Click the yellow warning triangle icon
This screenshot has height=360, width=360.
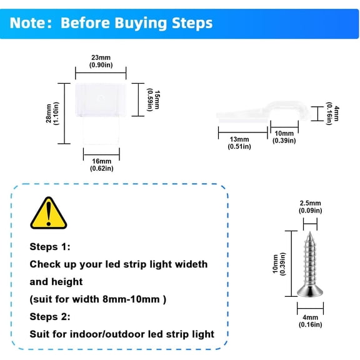pos(49,214)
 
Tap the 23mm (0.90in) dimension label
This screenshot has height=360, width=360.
pos(101,61)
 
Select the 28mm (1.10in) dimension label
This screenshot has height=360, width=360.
pos(52,113)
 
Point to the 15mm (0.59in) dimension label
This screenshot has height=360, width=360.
pos(153,101)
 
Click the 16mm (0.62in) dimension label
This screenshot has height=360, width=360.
pos(101,164)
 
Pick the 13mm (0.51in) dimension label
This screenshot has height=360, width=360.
pos(239,142)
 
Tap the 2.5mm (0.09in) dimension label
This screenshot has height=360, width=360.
pos(310,207)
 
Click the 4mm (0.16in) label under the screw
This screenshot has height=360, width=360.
pos(310,321)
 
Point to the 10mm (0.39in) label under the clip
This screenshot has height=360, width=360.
pos(284,137)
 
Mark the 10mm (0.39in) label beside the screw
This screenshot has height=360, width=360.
pos(279,264)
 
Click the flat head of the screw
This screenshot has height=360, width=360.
pos(310,292)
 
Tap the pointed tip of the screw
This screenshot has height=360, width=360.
pos(310,232)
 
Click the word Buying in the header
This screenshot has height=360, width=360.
pos(141,23)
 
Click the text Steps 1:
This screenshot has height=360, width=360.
pos(50,247)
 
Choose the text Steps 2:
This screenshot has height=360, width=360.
pos(50,317)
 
